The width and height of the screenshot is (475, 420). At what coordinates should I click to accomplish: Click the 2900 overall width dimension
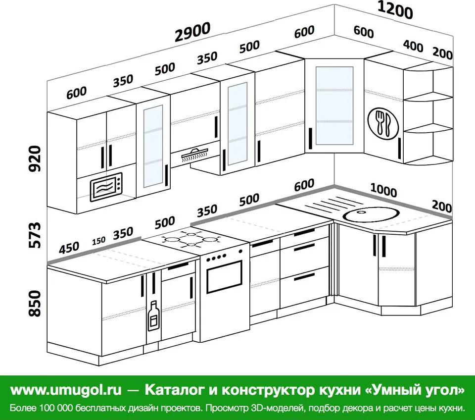(x=192, y=32)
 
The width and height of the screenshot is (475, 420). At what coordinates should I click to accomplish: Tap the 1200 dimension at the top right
(x=395, y=10)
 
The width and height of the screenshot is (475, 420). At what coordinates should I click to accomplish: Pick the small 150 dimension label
(x=99, y=241)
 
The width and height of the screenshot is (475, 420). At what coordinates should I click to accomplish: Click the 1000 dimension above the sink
(x=383, y=190)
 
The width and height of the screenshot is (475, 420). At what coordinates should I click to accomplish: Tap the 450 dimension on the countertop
(x=69, y=248)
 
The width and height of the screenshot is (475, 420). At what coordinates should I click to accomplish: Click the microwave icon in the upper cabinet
(x=106, y=187)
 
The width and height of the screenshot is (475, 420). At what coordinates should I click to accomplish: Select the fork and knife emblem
(x=383, y=123)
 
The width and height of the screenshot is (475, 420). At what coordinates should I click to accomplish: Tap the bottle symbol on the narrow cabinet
(x=153, y=315)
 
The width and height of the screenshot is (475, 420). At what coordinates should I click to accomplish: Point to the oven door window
(x=225, y=276)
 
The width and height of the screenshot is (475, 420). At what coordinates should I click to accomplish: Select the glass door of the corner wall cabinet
(x=334, y=106)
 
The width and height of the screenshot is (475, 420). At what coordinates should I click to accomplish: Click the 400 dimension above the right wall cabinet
(x=413, y=46)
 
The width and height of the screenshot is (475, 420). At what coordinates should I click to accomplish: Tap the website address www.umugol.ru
(x=66, y=390)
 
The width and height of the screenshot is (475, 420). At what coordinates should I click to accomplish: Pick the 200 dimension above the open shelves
(x=442, y=53)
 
